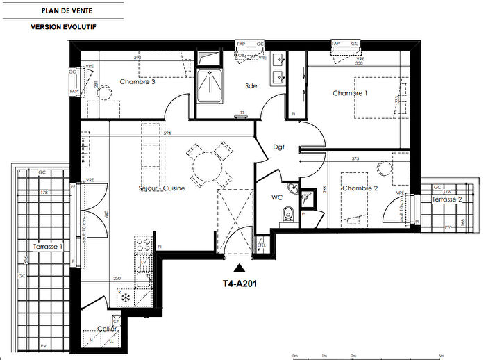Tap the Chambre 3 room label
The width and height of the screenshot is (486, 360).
point(137,82)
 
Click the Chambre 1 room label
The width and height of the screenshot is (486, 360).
point(349,93)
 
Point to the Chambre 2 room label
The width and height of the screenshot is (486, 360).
point(359,188)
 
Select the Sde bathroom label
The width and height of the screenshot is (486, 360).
point(251,86)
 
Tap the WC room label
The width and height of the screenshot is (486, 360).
point(277,197)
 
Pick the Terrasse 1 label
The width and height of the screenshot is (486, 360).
point(48,247)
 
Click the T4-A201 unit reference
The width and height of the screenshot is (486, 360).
point(240,283)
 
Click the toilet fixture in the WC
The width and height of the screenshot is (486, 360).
point(288,215)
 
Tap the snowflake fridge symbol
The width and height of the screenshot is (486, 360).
point(126,298)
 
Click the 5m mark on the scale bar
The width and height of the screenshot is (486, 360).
point(440,355)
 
